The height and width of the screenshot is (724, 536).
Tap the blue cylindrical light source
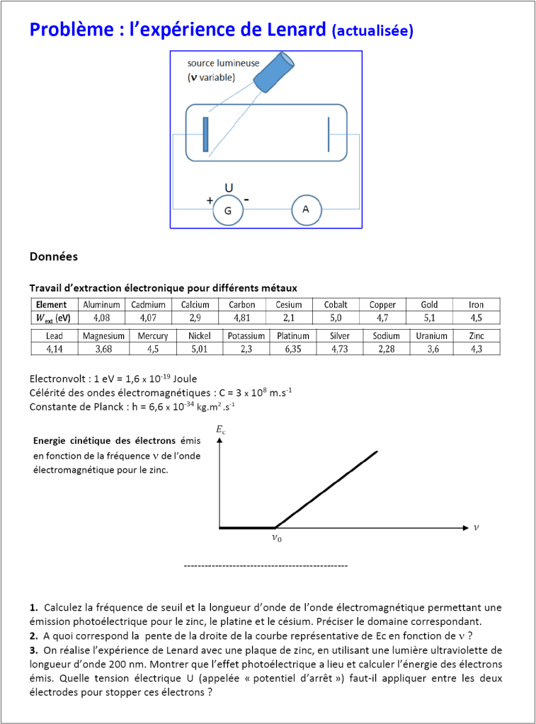tap(274, 72)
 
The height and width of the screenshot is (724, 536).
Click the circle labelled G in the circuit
tap(228, 210)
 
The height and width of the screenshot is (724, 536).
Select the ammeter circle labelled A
tap(306, 209)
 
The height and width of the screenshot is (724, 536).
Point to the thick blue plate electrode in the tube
tap(205, 134)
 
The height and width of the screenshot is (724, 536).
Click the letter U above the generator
tap(229, 188)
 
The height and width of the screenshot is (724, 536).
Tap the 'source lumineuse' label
tap(223, 64)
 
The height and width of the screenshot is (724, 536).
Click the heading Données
tap(54, 256)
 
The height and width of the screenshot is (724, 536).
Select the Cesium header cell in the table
tap(289, 305)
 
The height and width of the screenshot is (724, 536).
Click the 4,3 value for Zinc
tap(477, 349)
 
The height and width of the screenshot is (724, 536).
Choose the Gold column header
tap(429, 305)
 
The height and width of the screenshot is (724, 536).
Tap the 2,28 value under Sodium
tap(386, 349)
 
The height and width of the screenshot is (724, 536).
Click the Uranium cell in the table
tap(432, 336)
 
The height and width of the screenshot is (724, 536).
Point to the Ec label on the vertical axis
tap(220, 430)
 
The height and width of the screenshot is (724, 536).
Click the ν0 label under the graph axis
tap(276, 538)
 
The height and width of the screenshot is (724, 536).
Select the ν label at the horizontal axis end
tap(476, 527)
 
